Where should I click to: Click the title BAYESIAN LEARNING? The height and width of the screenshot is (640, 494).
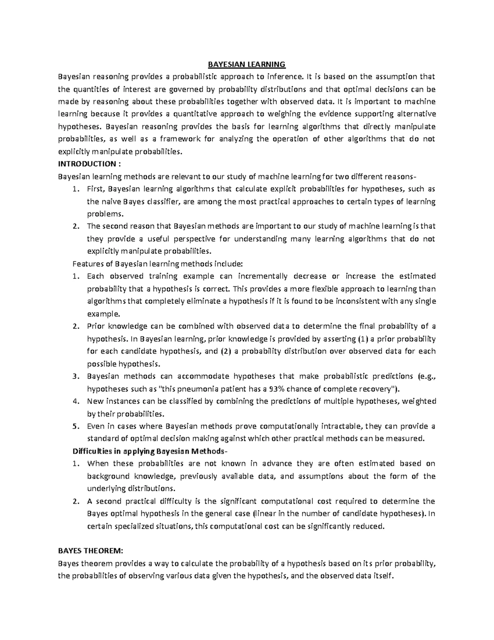click(246, 64)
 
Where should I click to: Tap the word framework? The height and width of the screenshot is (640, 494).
click(177, 139)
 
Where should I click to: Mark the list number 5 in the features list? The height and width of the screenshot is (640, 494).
click(75, 426)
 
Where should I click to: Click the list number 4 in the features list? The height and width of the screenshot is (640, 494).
click(75, 401)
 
